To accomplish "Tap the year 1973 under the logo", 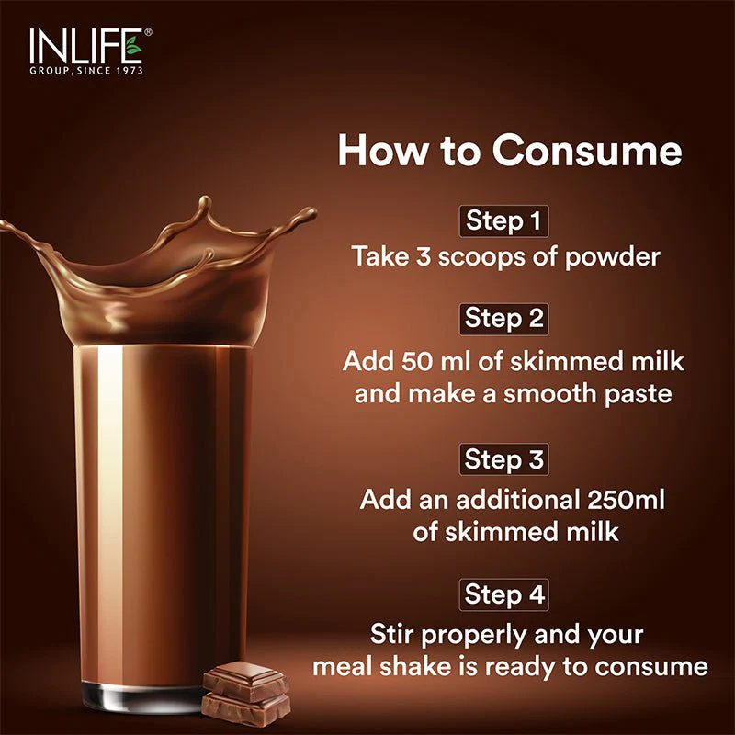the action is pyautogui.click(x=129, y=71).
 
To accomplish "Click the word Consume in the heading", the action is pyautogui.click(x=586, y=151).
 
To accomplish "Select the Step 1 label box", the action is pyautogui.click(x=503, y=220).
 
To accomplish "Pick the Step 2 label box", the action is pyautogui.click(x=503, y=319).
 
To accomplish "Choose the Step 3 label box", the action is pyautogui.click(x=503, y=459).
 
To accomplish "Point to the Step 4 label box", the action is pyautogui.click(x=503, y=594).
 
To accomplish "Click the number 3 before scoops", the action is pyautogui.click(x=424, y=256).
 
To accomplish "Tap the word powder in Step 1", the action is pyautogui.click(x=612, y=258).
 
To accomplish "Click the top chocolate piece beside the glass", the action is pyautogui.click(x=245, y=681).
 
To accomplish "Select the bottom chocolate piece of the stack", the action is pyautogui.click(x=245, y=709).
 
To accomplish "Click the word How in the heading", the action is pyautogui.click(x=383, y=151).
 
